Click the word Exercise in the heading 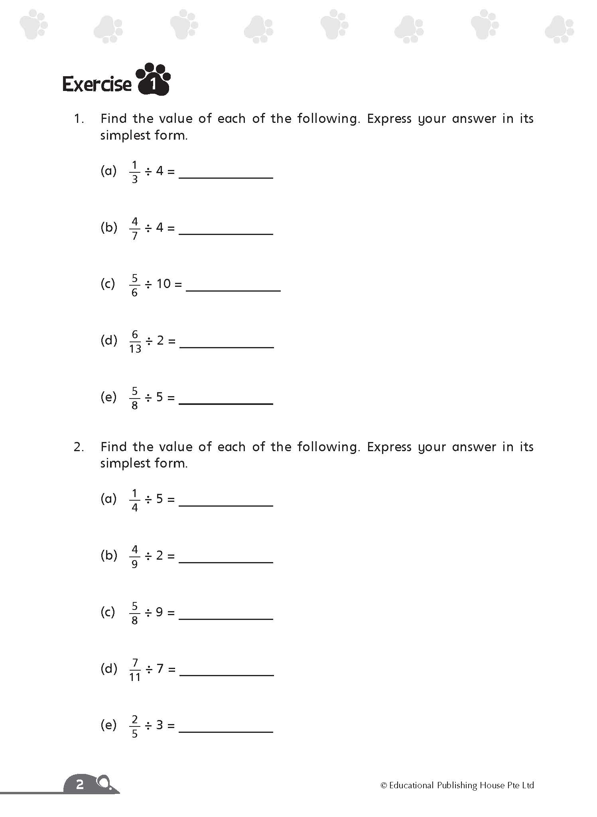[97, 85]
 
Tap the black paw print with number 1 [154, 80]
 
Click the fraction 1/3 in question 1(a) [134, 172]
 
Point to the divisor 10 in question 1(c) [164, 284]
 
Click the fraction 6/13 [135, 341]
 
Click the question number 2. [78, 447]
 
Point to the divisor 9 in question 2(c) [160, 612]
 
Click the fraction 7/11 [135, 670]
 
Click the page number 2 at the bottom [80, 784]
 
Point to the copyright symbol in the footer [384, 785]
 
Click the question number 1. [78, 119]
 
